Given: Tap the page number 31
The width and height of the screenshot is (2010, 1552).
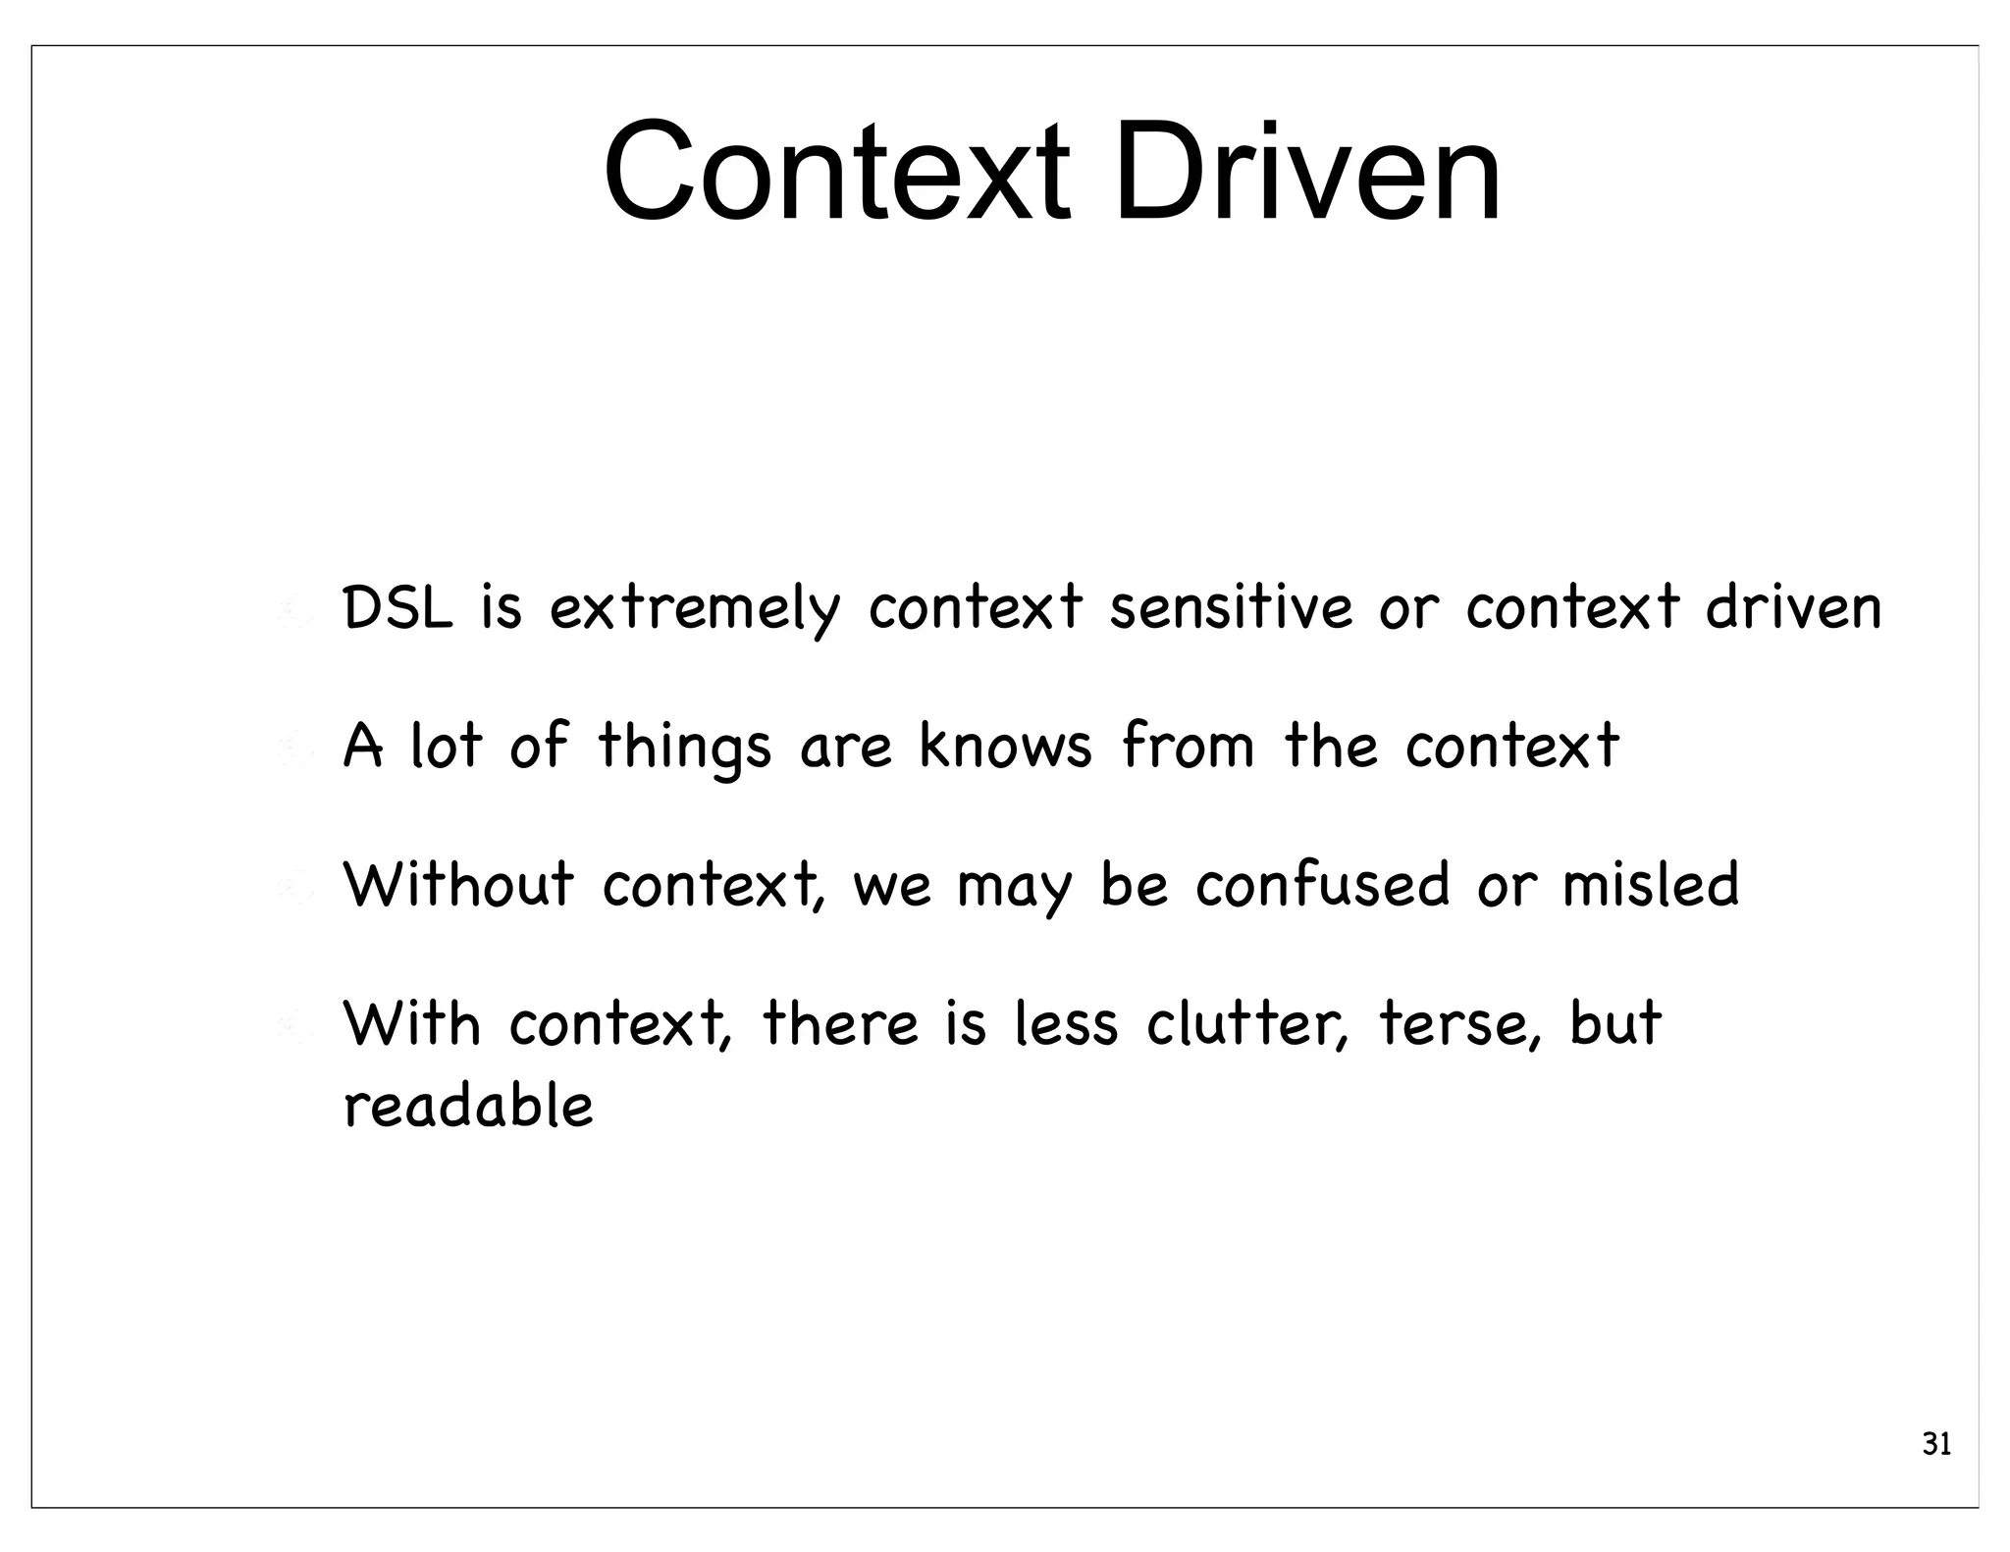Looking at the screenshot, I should (x=1935, y=1444).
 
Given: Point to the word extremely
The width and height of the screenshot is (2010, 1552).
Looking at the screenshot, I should (x=695, y=609).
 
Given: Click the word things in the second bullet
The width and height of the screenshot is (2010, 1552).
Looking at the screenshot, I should (x=684, y=748).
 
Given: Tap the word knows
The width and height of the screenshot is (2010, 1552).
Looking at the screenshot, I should (x=1005, y=746).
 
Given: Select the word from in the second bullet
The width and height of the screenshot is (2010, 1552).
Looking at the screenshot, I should (x=1189, y=746).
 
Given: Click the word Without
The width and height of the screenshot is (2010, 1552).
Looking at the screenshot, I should (x=458, y=884).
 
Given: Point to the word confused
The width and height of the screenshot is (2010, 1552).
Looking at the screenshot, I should (x=1322, y=884).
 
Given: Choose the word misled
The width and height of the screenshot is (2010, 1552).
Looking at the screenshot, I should (x=1651, y=884).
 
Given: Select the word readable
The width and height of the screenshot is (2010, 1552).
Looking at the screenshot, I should (x=469, y=1106).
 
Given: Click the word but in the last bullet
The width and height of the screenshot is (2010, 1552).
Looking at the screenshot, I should (x=1615, y=1023).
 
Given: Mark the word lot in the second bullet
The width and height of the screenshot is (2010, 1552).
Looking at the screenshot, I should (x=447, y=746).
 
